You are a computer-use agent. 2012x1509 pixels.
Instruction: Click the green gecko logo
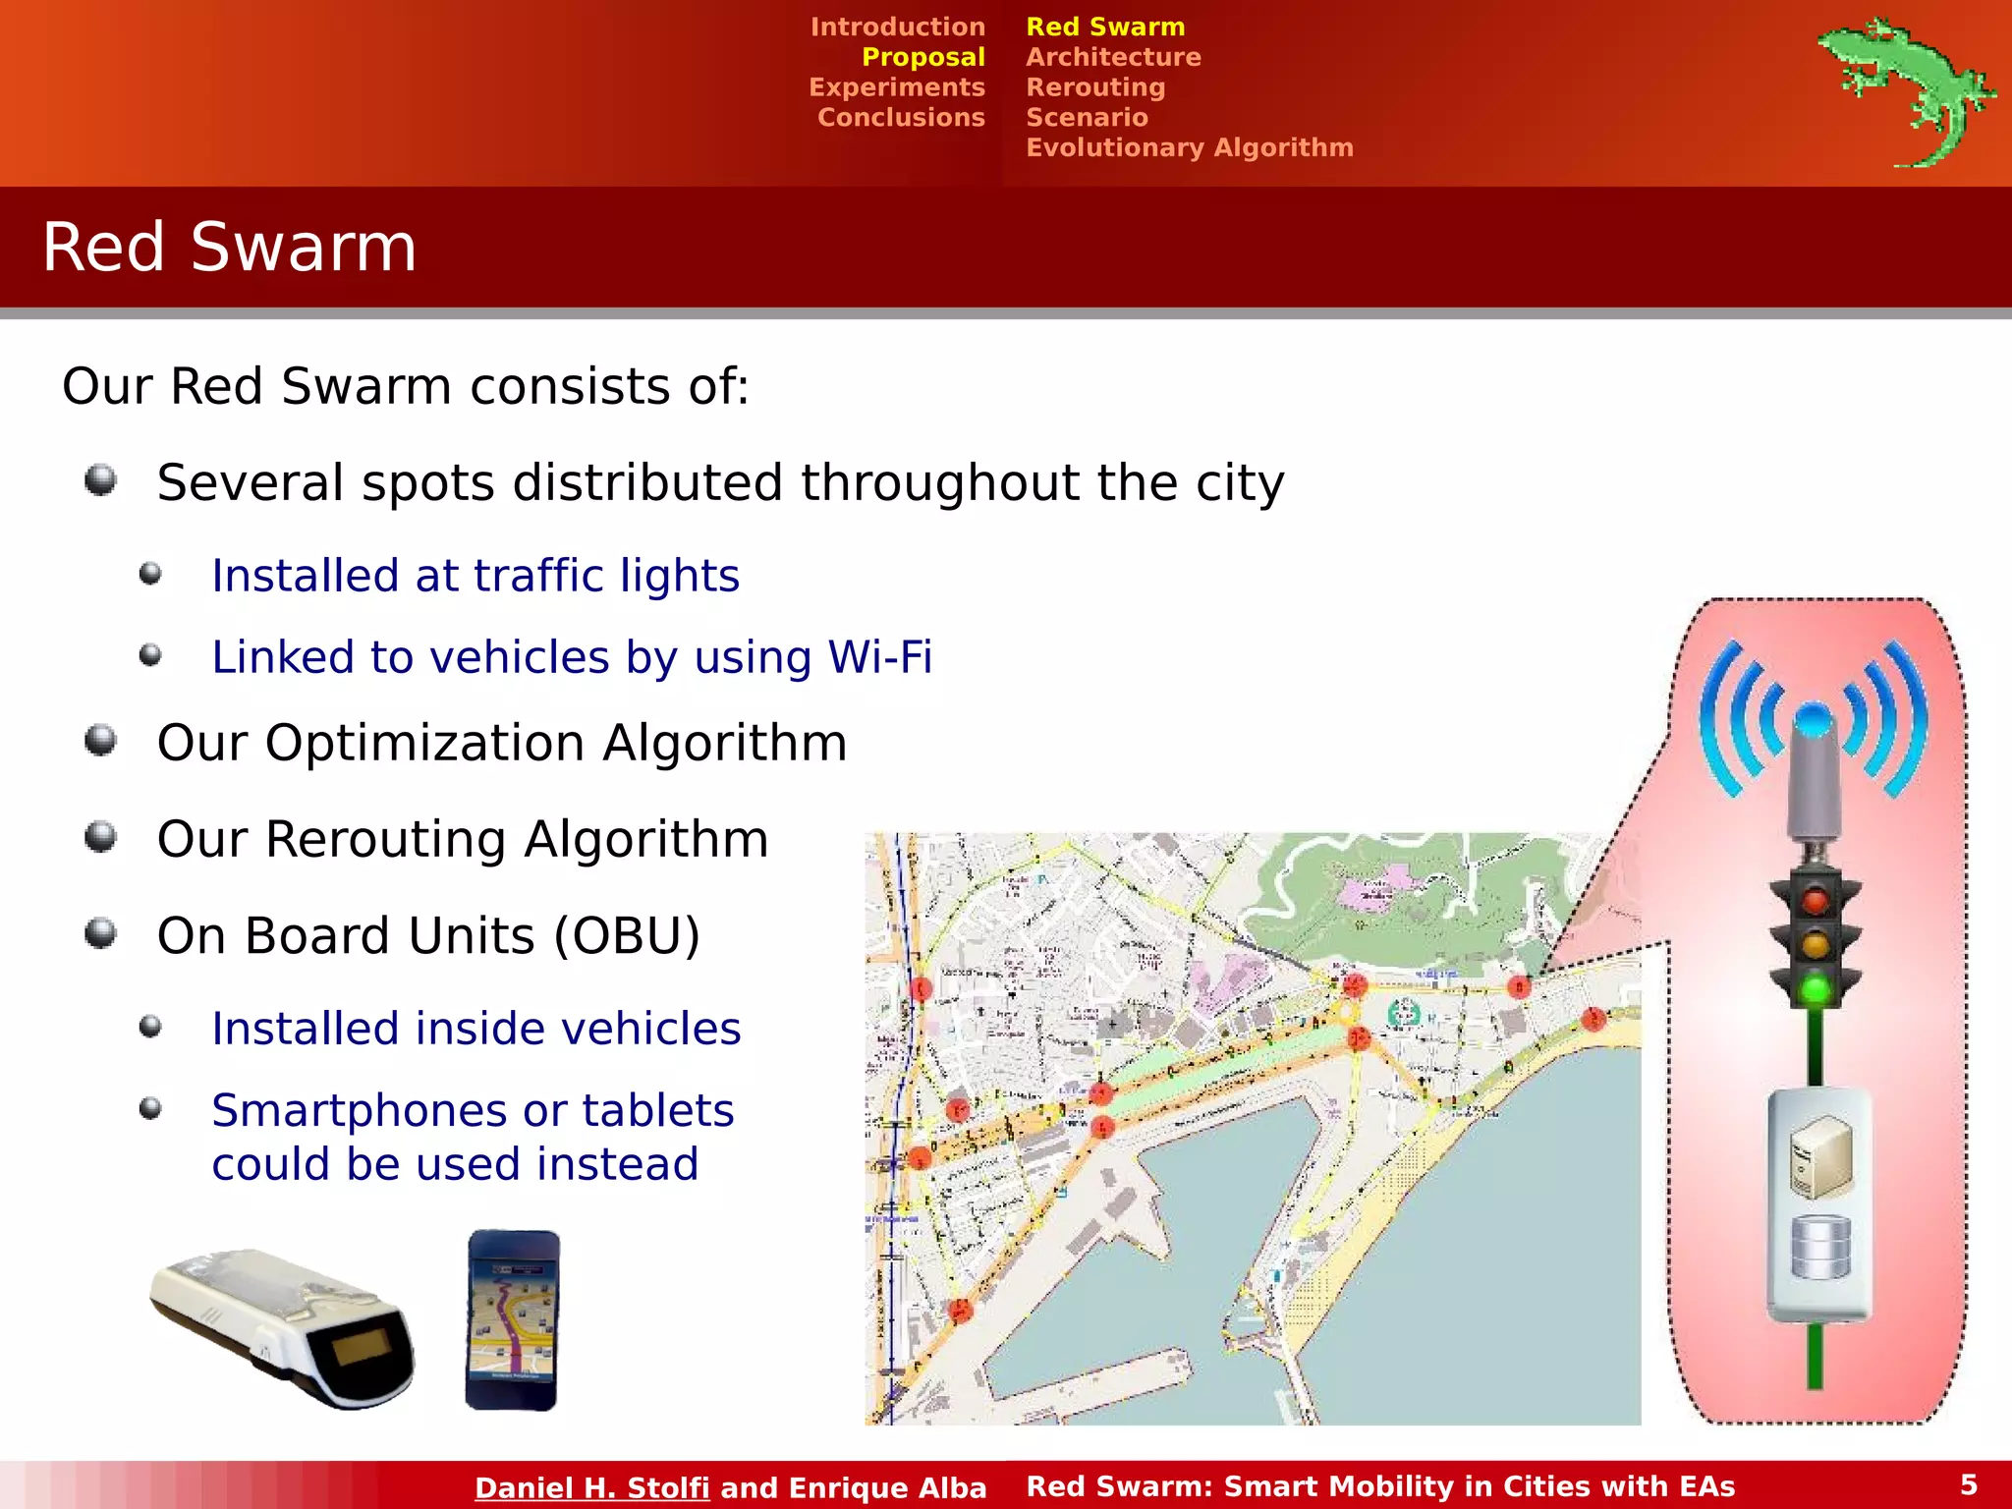pyautogui.click(x=1902, y=91)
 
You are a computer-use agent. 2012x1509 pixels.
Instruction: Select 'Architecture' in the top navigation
pyautogui.click(x=1113, y=57)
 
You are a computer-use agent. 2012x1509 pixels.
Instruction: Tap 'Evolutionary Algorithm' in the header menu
pyautogui.click(x=1189, y=147)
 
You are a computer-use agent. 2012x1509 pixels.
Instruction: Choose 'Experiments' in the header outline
pyautogui.click(x=896, y=87)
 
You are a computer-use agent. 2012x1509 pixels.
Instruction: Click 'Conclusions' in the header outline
pyautogui.click(x=901, y=118)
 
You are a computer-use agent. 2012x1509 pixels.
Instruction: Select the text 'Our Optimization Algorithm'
pyautogui.click(x=501, y=743)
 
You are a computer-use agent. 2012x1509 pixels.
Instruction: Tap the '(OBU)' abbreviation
pyautogui.click(x=627, y=935)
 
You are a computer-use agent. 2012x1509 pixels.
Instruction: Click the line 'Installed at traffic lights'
pyautogui.click(x=475, y=576)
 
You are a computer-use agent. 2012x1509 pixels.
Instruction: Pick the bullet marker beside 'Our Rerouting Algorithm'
pyautogui.click(x=100, y=837)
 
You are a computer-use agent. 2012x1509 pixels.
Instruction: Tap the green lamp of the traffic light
pyautogui.click(x=1815, y=988)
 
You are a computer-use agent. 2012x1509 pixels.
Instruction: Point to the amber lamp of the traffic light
pyautogui.click(x=1815, y=944)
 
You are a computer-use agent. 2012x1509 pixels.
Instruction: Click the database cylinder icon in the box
pyautogui.click(x=1820, y=1248)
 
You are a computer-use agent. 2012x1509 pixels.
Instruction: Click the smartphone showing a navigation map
pyautogui.click(x=512, y=1319)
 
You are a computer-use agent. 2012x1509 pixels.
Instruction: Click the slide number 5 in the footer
pyautogui.click(x=1969, y=1484)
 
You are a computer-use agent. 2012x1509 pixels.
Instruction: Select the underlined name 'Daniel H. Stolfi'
pyautogui.click(x=591, y=1487)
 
